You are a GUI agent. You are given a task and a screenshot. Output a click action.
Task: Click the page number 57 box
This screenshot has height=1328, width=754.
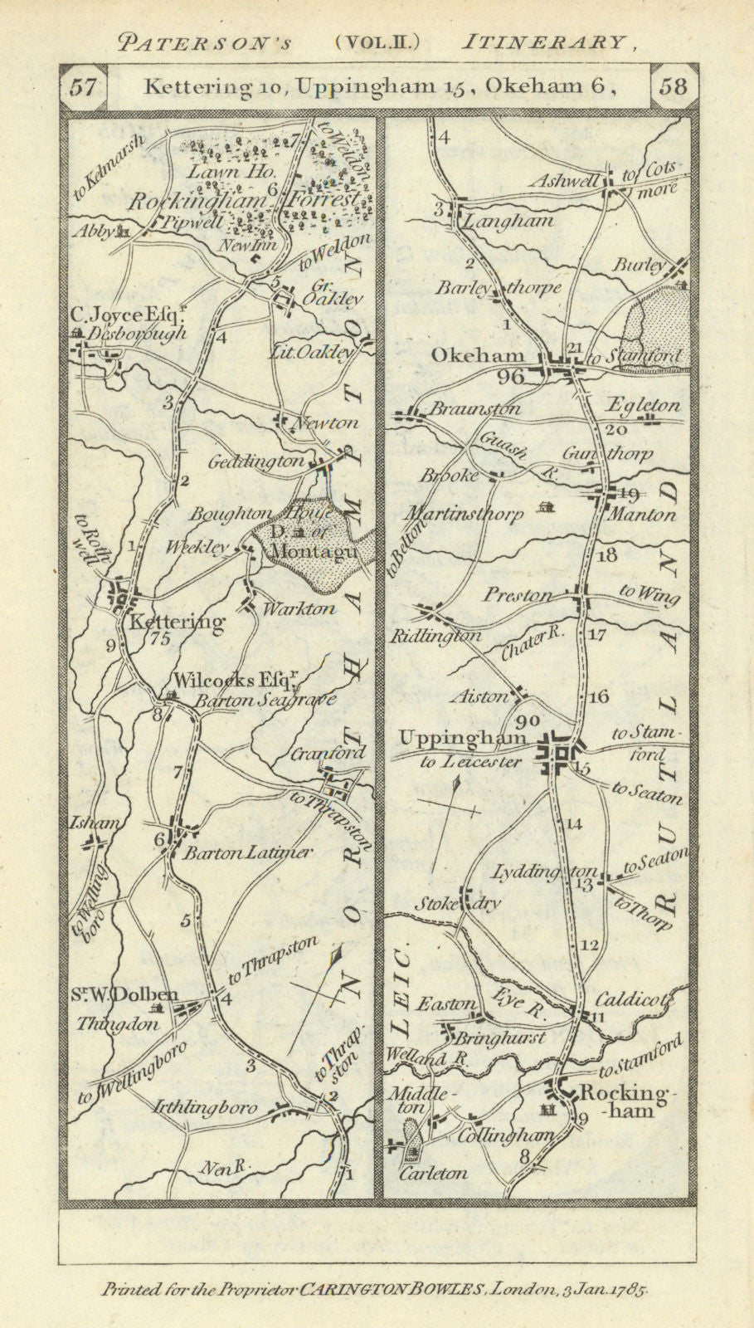point(84,86)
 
